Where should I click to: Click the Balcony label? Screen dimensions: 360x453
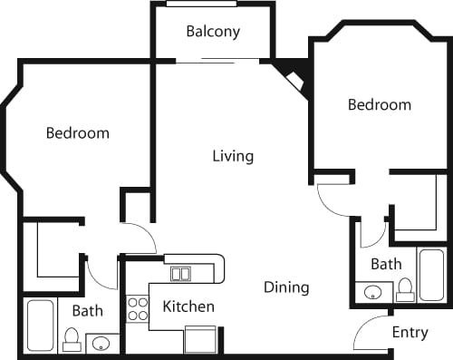[213, 32]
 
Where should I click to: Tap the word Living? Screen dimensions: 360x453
[233, 156]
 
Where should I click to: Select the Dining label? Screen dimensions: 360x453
[286, 287]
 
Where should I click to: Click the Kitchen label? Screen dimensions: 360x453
[188, 306]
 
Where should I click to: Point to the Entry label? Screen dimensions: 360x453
[410, 333]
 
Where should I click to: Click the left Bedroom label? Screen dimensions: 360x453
[78, 133]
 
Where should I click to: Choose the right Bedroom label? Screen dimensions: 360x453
[380, 105]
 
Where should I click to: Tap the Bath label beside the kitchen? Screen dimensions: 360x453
[88, 311]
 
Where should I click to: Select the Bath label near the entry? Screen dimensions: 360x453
[386, 265]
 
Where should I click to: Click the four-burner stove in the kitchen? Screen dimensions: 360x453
[138, 308]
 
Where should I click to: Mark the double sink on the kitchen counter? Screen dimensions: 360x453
[181, 274]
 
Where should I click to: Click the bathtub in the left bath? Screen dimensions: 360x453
[40, 325]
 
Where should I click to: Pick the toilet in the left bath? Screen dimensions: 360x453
[72, 340]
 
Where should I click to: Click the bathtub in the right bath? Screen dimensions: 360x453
[431, 274]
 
